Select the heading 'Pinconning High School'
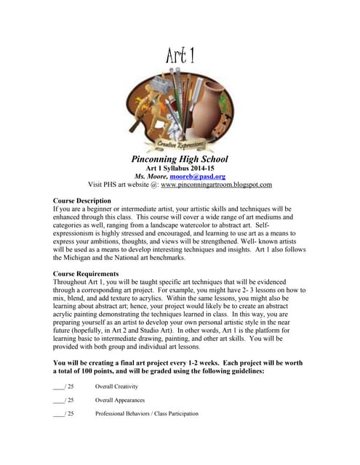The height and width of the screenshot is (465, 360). pos(180,158)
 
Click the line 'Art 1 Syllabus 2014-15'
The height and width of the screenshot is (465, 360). pos(180,168)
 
